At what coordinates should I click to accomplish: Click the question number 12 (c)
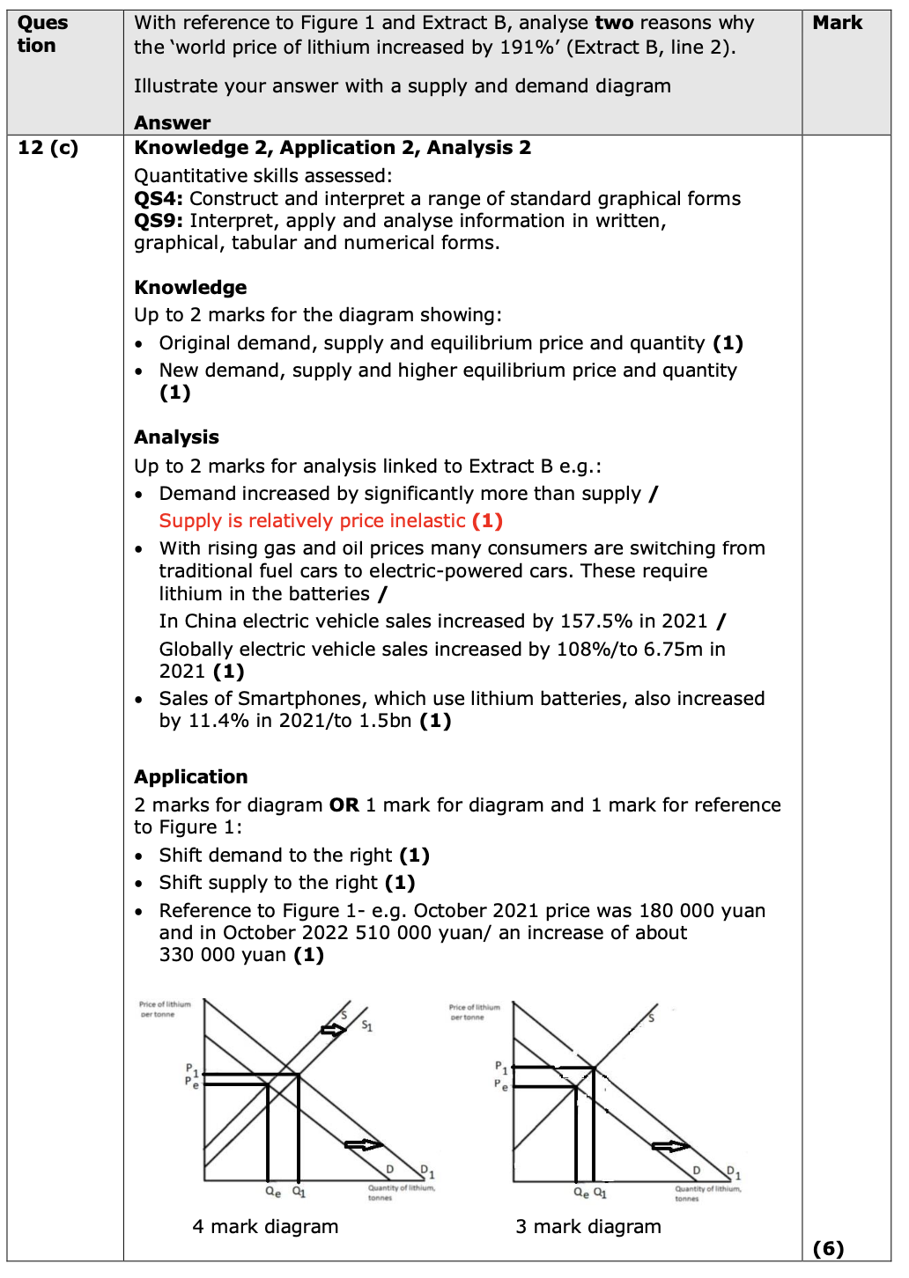[48, 148]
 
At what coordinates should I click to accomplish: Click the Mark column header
[837, 23]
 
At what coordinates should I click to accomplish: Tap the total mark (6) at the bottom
[828, 1248]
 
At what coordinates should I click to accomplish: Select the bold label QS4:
[159, 199]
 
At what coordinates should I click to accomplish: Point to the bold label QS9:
[159, 221]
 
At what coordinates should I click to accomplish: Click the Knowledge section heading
[190, 288]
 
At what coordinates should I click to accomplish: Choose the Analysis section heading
[176, 437]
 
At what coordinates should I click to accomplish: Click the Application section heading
[190, 777]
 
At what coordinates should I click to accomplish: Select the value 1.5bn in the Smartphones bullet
[385, 721]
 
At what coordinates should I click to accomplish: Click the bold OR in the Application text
[344, 805]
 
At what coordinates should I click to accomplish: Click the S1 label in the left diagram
[367, 1026]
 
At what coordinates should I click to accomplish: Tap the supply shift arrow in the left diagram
[334, 1030]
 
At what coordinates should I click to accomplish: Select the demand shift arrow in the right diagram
[670, 1146]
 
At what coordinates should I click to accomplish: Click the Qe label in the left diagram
[273, 1193]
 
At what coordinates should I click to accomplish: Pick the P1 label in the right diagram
[500, 1068]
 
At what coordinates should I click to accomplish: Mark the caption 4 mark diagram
[265, 1227]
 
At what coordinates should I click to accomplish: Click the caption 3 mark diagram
[588, 1227]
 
